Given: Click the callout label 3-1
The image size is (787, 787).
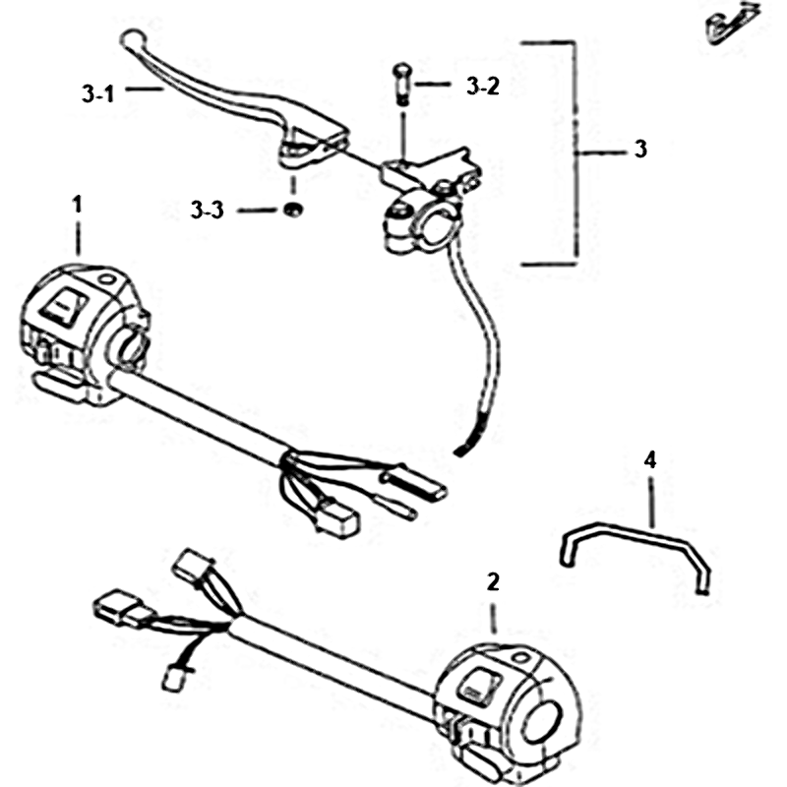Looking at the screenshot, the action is tap(98, 93).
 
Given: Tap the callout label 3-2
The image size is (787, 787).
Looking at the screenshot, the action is tap(483, 87).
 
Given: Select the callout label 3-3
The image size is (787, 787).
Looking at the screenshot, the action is tap(207, 210).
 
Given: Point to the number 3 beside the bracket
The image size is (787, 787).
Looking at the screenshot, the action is tap(640, 150).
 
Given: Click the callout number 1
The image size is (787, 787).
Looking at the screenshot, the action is tap(77, 205).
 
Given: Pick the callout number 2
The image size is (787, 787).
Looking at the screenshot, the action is tap(493, 581).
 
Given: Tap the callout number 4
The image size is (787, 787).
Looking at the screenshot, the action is tap(650, 459).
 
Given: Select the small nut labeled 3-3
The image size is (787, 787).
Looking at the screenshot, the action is tap(291, 210).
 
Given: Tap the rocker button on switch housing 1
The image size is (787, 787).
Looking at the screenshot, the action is tap(64, 305).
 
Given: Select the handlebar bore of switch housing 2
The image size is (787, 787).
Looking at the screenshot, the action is tap(542, 722).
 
